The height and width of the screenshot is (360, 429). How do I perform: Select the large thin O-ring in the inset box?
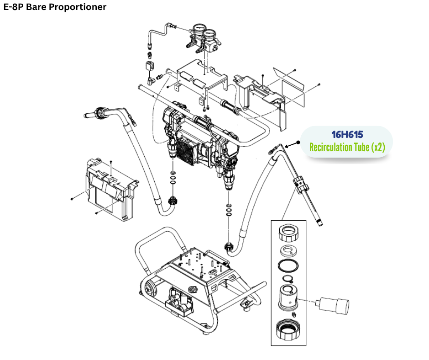tap(288, 266)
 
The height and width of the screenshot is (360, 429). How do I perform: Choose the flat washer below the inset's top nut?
tap(288, 251)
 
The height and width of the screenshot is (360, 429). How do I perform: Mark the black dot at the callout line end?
tap(298, 142)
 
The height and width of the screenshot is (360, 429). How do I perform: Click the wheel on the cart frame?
tap(149, 287)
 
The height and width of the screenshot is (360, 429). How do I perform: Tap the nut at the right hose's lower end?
tap(229, 248)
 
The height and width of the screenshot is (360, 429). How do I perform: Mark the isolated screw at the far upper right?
tap(319, 84)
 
